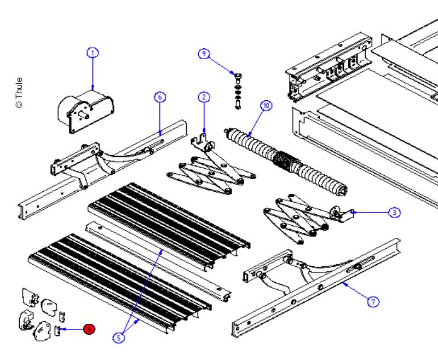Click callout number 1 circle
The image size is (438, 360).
click(93, 53)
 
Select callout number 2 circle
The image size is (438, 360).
click(204, 97)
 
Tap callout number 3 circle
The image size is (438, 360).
click(394, 212)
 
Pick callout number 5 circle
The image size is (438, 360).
click(119, 338)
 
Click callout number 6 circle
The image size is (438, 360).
click(159, 97)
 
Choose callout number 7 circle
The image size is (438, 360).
click(373, 301)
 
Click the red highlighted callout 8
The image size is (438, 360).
click(89, 329)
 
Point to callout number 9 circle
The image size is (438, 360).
click(204, 53)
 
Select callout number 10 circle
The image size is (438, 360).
click(266, 106)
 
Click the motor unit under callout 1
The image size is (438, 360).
click(85, 110)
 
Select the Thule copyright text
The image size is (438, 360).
click(19, 92)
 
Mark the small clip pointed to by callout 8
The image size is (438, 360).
click(57, 330)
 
